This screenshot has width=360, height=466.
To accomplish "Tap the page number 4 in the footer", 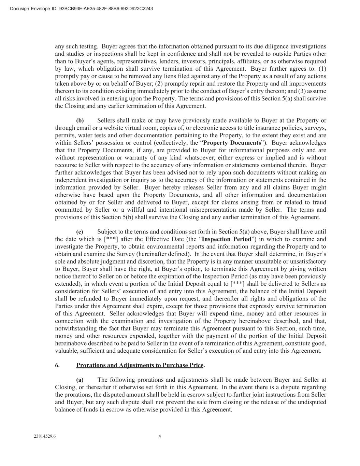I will click(x=160, y=436).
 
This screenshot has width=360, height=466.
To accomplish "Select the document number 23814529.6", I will click(x=45, y=436).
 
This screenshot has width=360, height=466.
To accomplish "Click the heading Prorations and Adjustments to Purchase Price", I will click(x=140, y=365).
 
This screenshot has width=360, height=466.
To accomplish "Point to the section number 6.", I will click(x=57, y=365).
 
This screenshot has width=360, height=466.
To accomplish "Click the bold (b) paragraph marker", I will click(x=80, y=121).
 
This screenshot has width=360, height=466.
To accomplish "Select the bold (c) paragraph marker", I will click(x=80, y=232).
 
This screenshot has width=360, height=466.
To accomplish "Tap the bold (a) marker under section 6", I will click(x=80, y=380).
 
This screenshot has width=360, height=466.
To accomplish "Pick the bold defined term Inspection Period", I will click(x=226, y=239).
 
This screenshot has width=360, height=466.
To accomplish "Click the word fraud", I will click(x=319, y=202).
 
